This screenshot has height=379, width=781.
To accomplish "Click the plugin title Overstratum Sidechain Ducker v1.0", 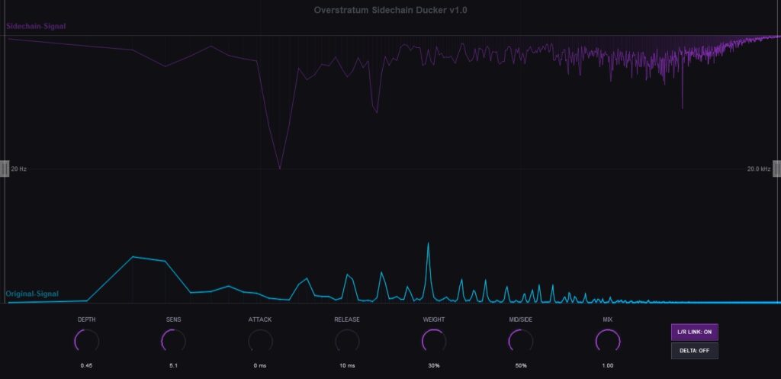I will point(390,10).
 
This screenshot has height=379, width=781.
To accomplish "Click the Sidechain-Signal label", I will point(36,26).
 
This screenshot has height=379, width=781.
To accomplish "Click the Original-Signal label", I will point(32,294).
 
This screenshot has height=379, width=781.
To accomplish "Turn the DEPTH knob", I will point(87,342).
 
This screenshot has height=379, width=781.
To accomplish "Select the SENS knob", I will point(174,342).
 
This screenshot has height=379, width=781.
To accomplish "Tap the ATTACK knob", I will point(260,342).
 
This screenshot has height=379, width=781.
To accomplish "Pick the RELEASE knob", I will point(347,342).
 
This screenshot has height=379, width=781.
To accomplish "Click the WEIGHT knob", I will point(434,342).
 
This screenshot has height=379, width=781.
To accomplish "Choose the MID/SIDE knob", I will point(520,342).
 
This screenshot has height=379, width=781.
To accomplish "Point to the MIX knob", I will point(607,342).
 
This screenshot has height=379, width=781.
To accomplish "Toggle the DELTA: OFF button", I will point(694,351).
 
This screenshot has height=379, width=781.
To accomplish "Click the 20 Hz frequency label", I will point(19,169).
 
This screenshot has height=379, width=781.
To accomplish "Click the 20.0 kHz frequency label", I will point(759,169).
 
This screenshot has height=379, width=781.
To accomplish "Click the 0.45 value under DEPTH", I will point(87,365).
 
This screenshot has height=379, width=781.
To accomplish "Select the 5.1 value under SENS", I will point(174,365).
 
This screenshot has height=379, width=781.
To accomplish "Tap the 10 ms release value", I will point(347,365).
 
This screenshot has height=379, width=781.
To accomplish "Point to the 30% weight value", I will point(434,365).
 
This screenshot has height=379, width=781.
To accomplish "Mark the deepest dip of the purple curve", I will point(280,169).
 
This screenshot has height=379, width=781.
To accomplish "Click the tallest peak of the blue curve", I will point(428,243).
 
